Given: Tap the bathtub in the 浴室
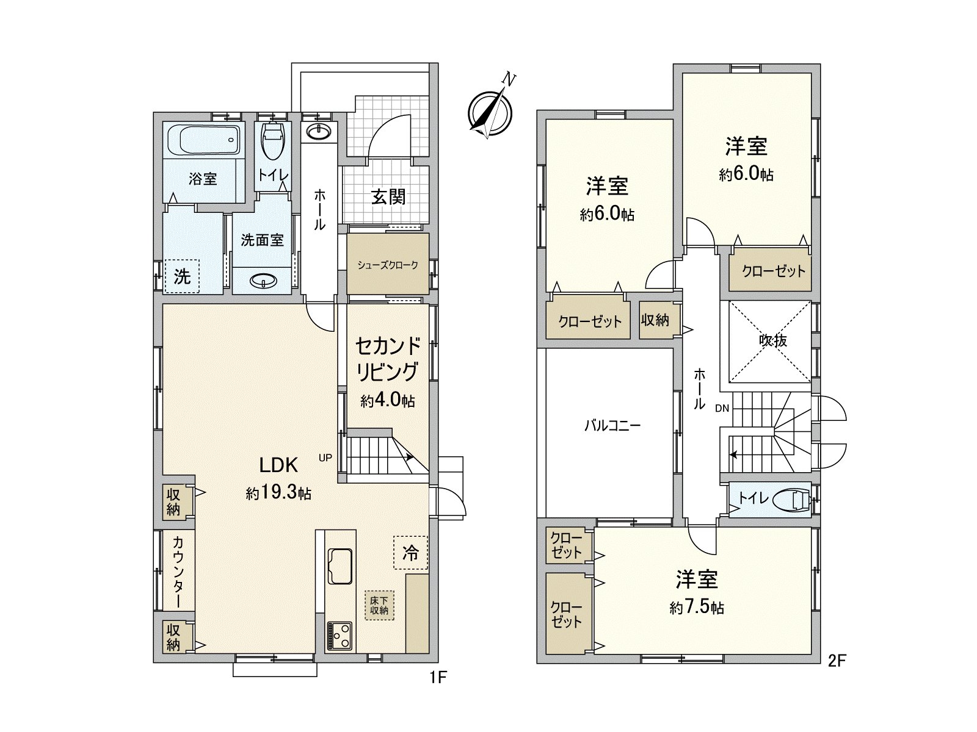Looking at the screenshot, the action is point(203,139).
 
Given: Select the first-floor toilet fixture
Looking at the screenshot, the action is point(274,140).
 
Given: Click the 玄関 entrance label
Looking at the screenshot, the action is point(388,196).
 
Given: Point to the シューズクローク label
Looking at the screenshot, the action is point(388,265).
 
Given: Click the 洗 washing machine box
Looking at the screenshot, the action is point(182,276).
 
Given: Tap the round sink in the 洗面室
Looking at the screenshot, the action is point(264,281).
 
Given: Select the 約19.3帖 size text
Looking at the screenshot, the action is point(278,493).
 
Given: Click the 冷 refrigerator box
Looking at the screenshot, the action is point(410,553).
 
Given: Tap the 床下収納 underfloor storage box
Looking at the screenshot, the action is point(379,605).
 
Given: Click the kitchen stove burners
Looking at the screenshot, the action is point(340,636).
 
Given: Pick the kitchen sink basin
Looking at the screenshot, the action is point(340,566).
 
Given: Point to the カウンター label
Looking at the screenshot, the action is point(177,572).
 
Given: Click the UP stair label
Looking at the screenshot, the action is point(325,457).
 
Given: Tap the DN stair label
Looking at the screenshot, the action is point(722,408).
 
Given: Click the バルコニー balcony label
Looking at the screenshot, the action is point(612,426).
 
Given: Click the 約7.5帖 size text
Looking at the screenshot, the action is point(697,607).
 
